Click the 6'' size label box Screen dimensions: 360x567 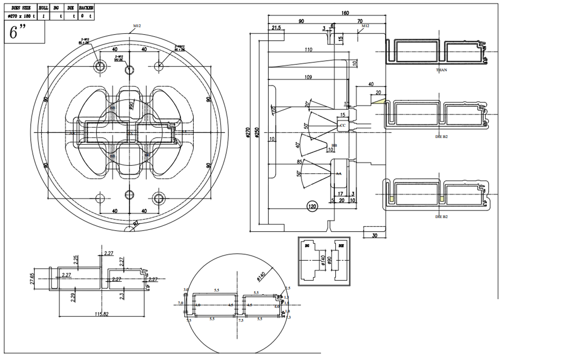pyautogui.click(x=24, y=32)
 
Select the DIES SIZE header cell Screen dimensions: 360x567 pyautogui.click(x=21, y=8)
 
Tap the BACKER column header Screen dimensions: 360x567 pyautogui.click(x=86, y=8)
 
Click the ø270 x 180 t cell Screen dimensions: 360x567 pyautogui.click(x=21, y=16)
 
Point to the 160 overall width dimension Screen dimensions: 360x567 pyautogui.click(x=345, y=13)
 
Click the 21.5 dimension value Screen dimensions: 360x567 pyautogui.click(x=276, y=28)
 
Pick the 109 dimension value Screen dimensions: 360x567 pyautogui.click(x=308, y=77)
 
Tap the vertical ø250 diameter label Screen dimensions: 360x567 pyautogui.click(x=257, y=133)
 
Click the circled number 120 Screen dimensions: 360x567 pyautogui.click(x=312, y=206)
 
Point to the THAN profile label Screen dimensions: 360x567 pyautogui.click(x=441, y=70)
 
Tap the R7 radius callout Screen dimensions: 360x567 pyautogui.click(x=136, y=223)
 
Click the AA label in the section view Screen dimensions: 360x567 pyautogui.click(x=339, y=174)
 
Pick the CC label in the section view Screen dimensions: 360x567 pyautogui.click(x=342, y=125)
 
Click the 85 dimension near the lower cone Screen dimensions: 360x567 pyautogui.click(x=300, y=162)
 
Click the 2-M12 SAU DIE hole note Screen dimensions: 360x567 pyautogui.click(x=119, y=58)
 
